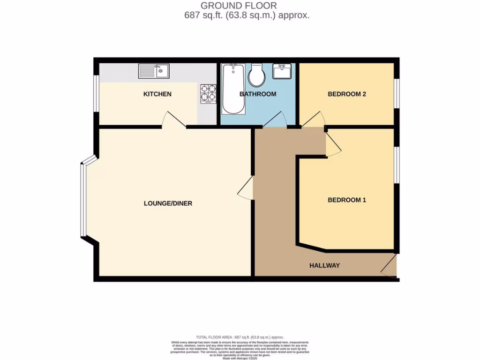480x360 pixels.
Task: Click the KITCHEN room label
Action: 157,94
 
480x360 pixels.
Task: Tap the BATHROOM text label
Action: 258,94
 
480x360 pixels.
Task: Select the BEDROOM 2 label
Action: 346,94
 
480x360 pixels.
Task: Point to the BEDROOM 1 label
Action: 346,200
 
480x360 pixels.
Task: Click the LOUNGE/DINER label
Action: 168,203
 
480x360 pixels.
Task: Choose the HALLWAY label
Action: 324,266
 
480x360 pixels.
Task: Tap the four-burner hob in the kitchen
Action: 208,92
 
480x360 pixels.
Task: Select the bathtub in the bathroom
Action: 233,89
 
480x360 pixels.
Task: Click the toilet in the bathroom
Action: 256,75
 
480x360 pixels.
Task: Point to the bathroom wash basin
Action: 282,72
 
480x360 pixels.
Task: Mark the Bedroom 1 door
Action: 333,143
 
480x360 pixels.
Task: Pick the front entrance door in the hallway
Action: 389,266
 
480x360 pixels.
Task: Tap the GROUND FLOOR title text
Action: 239,6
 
